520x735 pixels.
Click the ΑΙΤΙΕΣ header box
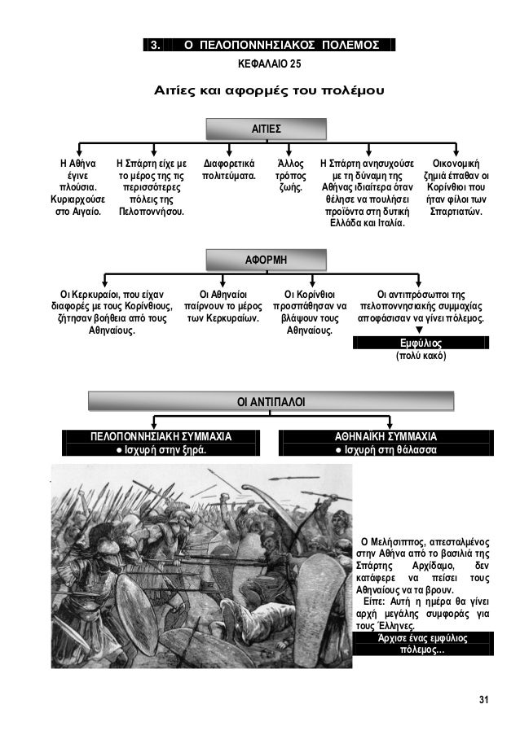(266, 129)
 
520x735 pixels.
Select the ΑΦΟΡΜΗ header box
(266, 260)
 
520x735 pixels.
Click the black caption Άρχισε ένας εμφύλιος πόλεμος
(417, 645)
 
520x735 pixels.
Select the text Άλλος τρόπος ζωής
(290, 174)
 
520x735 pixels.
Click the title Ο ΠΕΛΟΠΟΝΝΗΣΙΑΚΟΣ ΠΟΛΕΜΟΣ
(281, 44)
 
